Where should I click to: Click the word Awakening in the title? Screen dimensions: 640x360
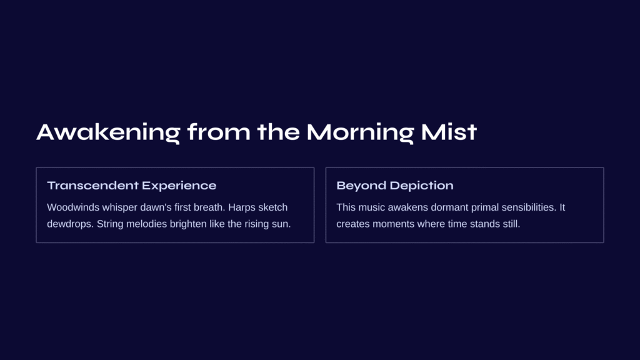[x=108, y=132]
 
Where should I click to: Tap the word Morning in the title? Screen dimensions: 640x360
[x=360, y=132]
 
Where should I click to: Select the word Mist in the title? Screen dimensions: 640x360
[x=449, y=132]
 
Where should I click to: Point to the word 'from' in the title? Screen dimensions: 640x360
[x=218, y=132]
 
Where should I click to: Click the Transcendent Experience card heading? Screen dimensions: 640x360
[x=131, y=185]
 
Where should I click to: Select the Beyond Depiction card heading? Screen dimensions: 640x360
[x=395, y=186]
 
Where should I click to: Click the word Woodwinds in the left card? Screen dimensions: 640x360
[x=73, y=207]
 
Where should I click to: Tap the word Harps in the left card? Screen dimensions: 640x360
[x=242, y=207]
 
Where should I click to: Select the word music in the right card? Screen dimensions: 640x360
[x=372, y=207]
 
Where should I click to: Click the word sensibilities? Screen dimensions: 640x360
[x=529, y=207]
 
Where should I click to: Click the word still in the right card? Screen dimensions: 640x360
[x=511, y=224]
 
